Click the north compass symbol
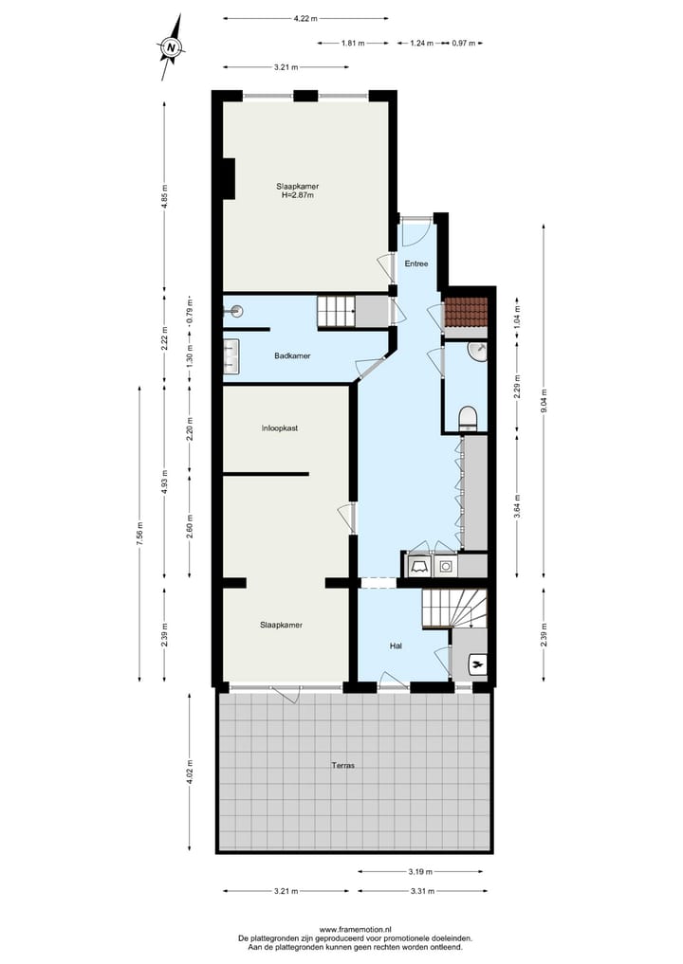(171, 45)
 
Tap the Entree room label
(415, 264)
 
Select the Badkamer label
(293, 355)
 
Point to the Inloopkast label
(280, 428)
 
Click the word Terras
(342, 765)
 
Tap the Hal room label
(397, 646)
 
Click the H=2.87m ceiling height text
(297, 195)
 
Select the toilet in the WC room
(467, 417)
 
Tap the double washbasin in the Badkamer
(230, 355)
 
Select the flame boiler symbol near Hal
(477, 665)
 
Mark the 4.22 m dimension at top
(305, 18)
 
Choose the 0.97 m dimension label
(464, 43)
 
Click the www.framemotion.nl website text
(356, 930)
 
